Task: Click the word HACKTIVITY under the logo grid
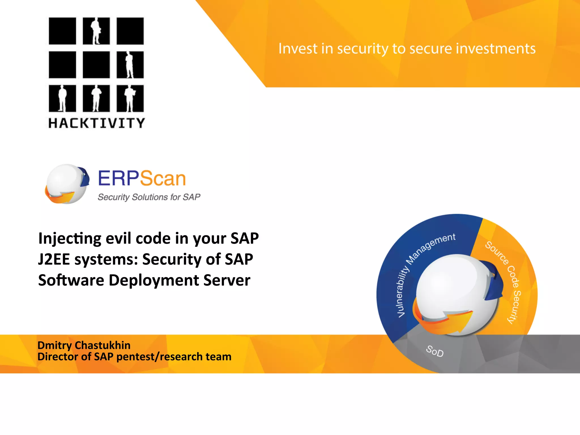point(97,123)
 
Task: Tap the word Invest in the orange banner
point(298,48)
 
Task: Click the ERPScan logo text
point(142,178)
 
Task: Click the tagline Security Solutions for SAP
point(149,197)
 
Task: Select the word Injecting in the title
point(70,238)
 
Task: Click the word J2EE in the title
point(54,259)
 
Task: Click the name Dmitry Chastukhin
point(84,345)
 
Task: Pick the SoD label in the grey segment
point(435,351)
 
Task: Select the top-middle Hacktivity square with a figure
point(96,31)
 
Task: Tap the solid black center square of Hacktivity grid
point(96,65)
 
